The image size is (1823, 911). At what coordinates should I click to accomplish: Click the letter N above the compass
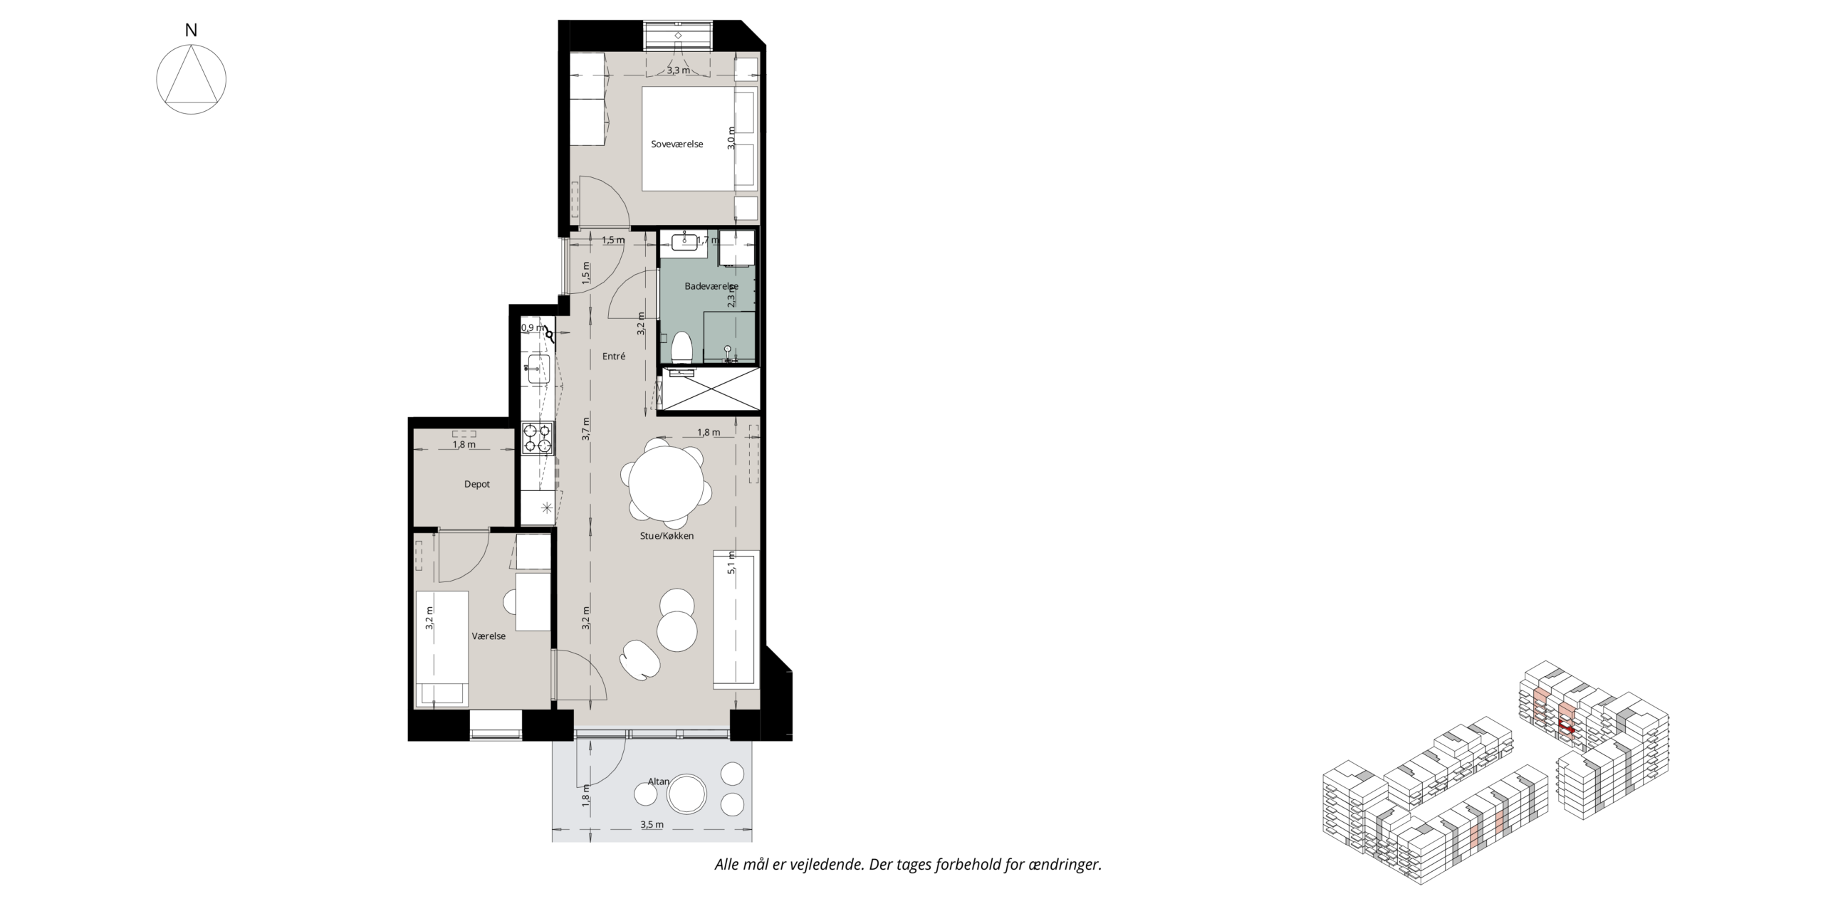click(191, 30)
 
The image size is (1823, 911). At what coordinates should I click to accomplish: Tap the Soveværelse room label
click(677, 144)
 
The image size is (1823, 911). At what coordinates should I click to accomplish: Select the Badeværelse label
click(711, 286)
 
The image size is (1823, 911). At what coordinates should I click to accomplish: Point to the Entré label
click(614, 356)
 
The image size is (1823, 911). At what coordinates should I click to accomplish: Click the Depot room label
click(477, 484)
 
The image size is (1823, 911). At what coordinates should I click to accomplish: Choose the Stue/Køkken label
click(667, 536)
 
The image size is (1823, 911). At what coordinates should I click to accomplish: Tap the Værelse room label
click(489, 636)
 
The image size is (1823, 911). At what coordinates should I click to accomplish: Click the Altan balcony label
click(658, 781)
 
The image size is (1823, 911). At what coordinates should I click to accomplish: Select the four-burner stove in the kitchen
click(538, 438)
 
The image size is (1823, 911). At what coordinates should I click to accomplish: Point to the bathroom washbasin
click(684, 241)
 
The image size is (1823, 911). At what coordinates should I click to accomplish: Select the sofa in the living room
click(736, 619)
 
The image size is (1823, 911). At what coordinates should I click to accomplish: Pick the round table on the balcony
click(686, 793)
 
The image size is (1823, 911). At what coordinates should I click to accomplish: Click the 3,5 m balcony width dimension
click(652, 825)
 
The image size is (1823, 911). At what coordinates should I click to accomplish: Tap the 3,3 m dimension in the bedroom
click(678, 70)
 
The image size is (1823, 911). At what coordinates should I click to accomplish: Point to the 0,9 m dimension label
click(532, 328)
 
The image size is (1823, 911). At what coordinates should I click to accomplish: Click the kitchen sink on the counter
click(538, 369)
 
